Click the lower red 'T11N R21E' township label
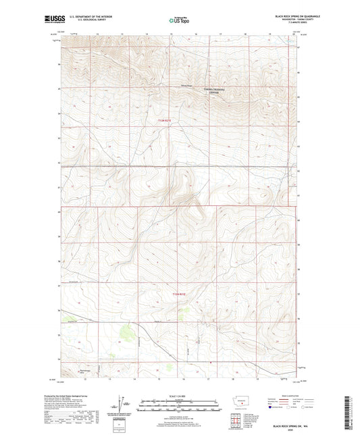[178, 294]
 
